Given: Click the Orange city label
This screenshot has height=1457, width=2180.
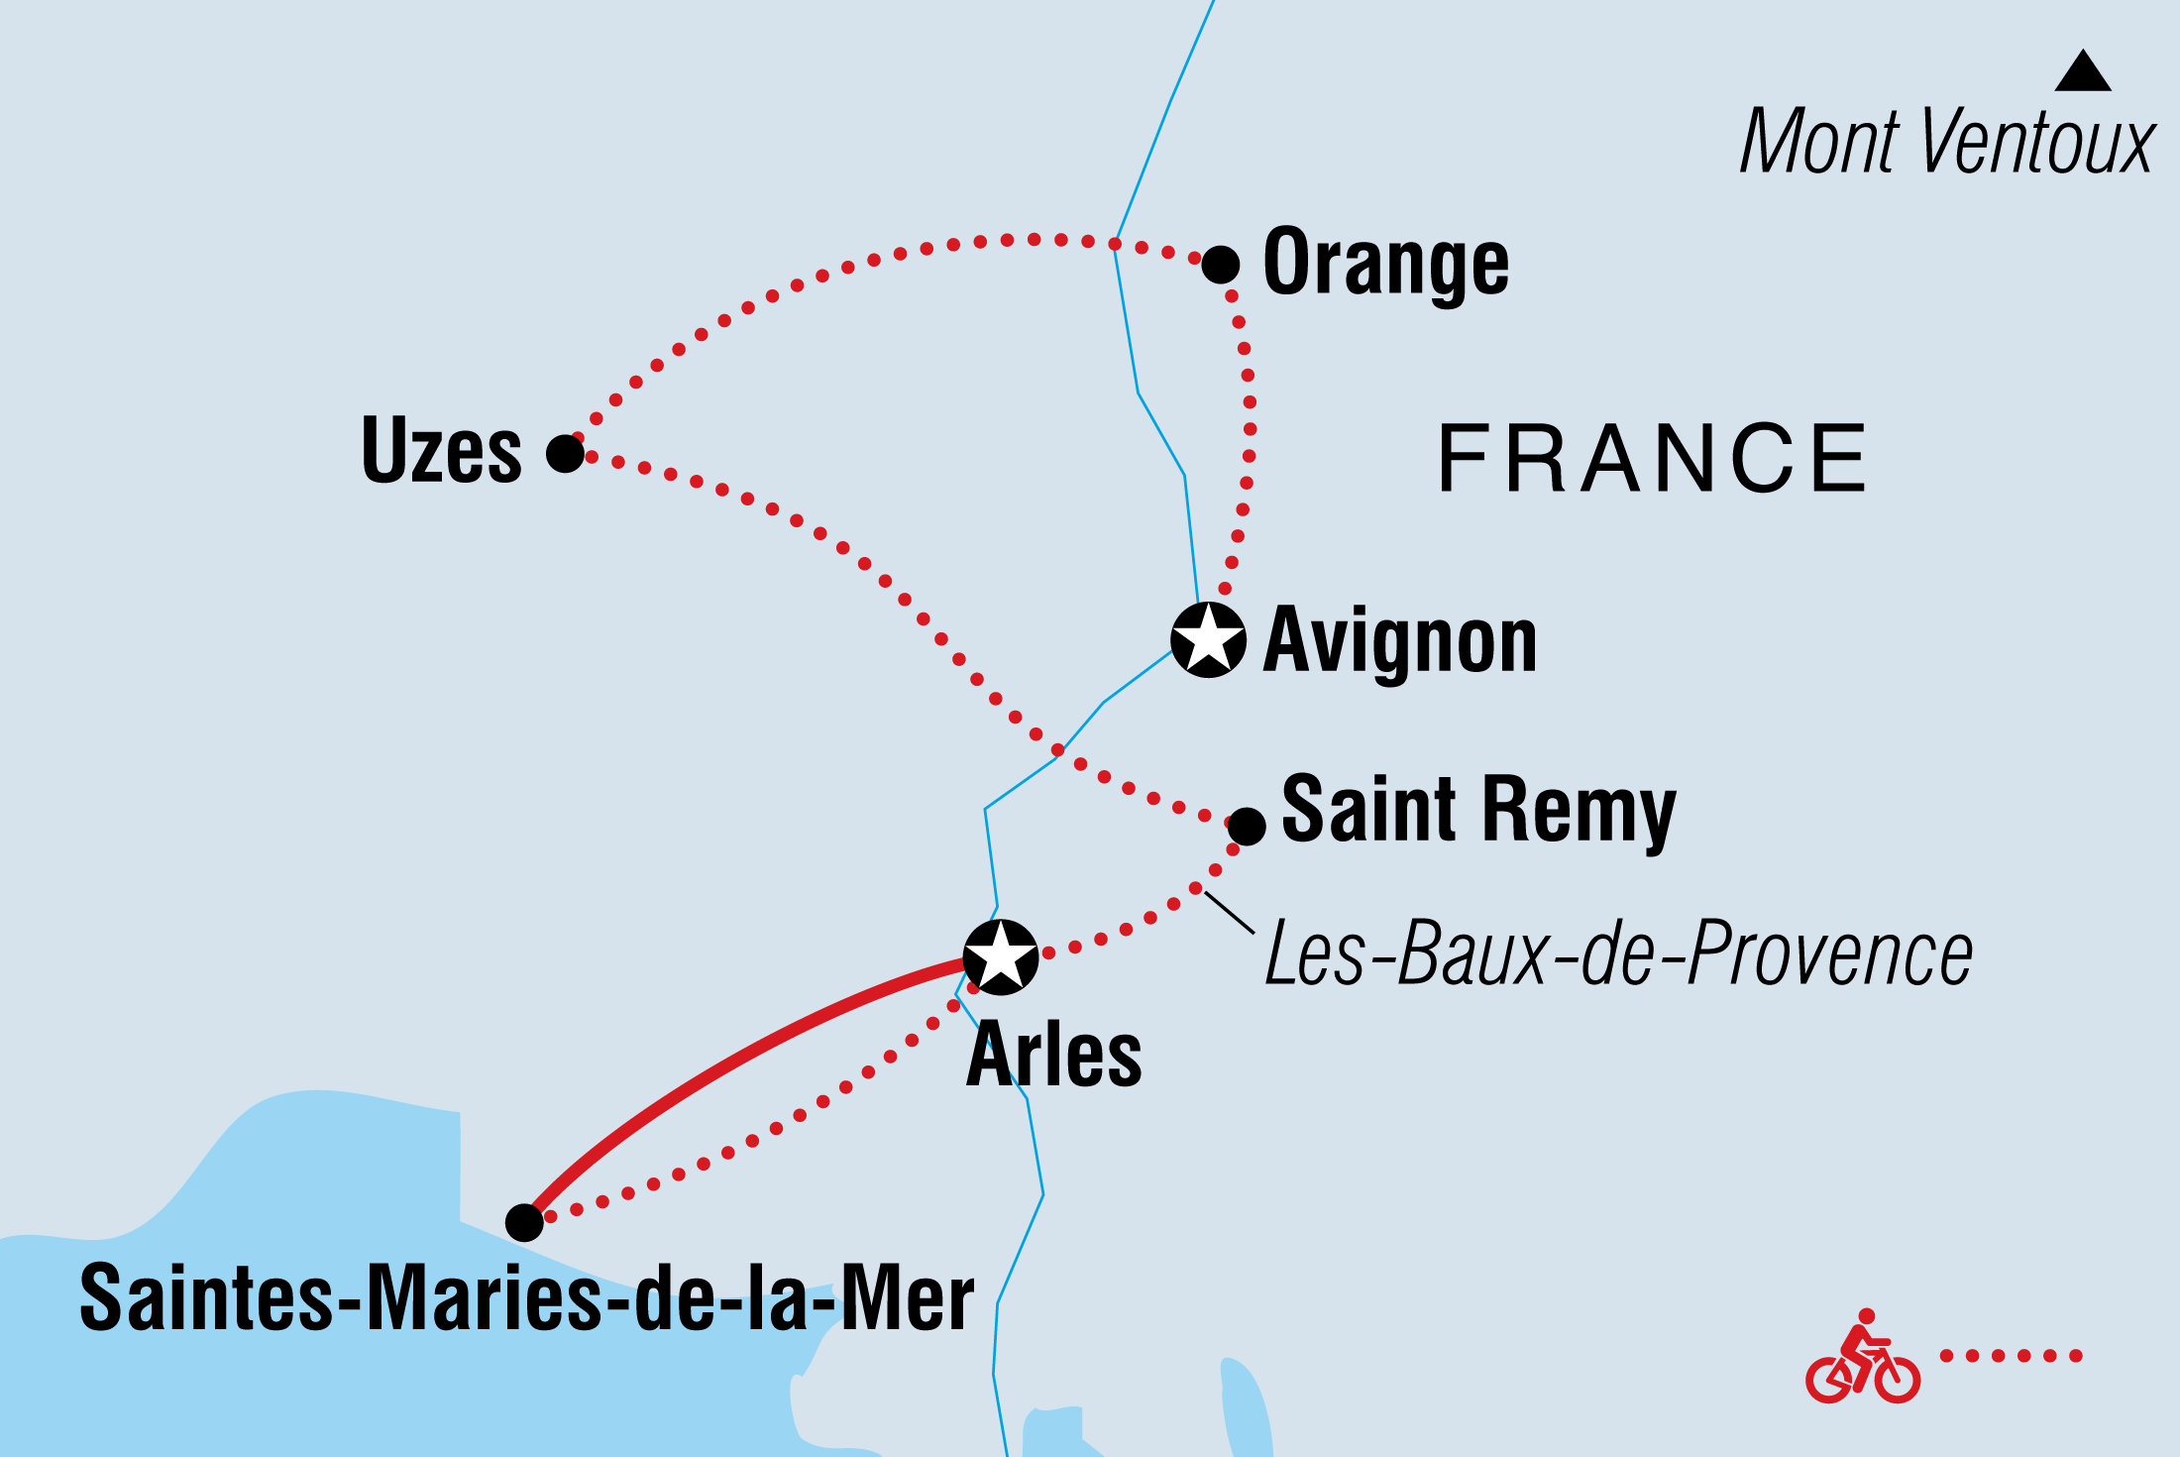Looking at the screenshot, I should (1385, 263).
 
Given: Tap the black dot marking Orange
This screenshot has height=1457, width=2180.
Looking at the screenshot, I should (1220, 265).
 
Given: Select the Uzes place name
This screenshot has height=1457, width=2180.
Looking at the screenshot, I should (441, 451).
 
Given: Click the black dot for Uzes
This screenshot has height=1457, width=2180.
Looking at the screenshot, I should (565, 453).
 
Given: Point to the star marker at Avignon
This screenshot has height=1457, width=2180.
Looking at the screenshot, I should (1208, 639).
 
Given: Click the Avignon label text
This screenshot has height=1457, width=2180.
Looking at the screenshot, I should (1399, 641).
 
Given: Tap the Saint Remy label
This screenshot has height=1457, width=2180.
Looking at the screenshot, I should (1477, 810).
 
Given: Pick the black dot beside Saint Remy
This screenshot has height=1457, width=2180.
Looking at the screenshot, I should (1247, 826).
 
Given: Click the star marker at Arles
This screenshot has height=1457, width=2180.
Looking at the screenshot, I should (1001, 957).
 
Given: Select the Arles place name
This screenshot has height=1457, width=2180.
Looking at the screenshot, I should (1053, 1056).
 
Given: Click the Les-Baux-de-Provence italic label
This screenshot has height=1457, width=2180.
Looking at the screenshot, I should (1618, 953).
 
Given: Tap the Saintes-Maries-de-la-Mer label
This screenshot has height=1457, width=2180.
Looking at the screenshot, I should (526, 1298).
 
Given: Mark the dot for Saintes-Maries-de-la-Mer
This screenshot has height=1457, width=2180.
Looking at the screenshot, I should (524, 1223).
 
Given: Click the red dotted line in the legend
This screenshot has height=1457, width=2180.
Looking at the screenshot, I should (2011, 1356).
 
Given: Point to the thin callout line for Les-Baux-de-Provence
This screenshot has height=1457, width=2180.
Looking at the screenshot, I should (1229, 912).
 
